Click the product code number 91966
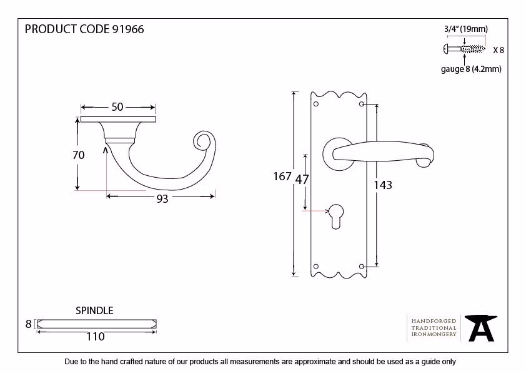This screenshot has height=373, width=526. (x=128, y=29)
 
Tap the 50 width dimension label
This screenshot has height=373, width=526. (x=117, y=107)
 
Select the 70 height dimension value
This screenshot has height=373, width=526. (x=79, y=155)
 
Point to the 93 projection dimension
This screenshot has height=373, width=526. (x=162, y=198)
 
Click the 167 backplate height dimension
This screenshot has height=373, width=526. (x=282, y=176)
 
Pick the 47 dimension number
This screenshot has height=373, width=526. (x=302, y=180)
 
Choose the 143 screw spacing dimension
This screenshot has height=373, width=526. (x=383, y=185)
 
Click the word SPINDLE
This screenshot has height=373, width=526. (x=94, y=310)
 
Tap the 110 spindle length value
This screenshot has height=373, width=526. (x=96, y=336)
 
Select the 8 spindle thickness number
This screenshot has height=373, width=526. (x=29, y=324)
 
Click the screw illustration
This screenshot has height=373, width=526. (x=464, y=49)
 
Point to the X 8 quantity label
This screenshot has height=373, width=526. (x=499, y=50)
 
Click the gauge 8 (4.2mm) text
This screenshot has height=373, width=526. (x=471, y=69)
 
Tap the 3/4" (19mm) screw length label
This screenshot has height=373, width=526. (x=466, y=29)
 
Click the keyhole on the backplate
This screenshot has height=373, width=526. (x=336, y=217)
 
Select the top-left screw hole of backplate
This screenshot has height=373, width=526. (x=315, y=104)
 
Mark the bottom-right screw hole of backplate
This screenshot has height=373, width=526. (x=362, y=267)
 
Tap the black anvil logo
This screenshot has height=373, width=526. (x=481, y=328)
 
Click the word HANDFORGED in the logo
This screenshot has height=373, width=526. (x=434, y=321)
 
